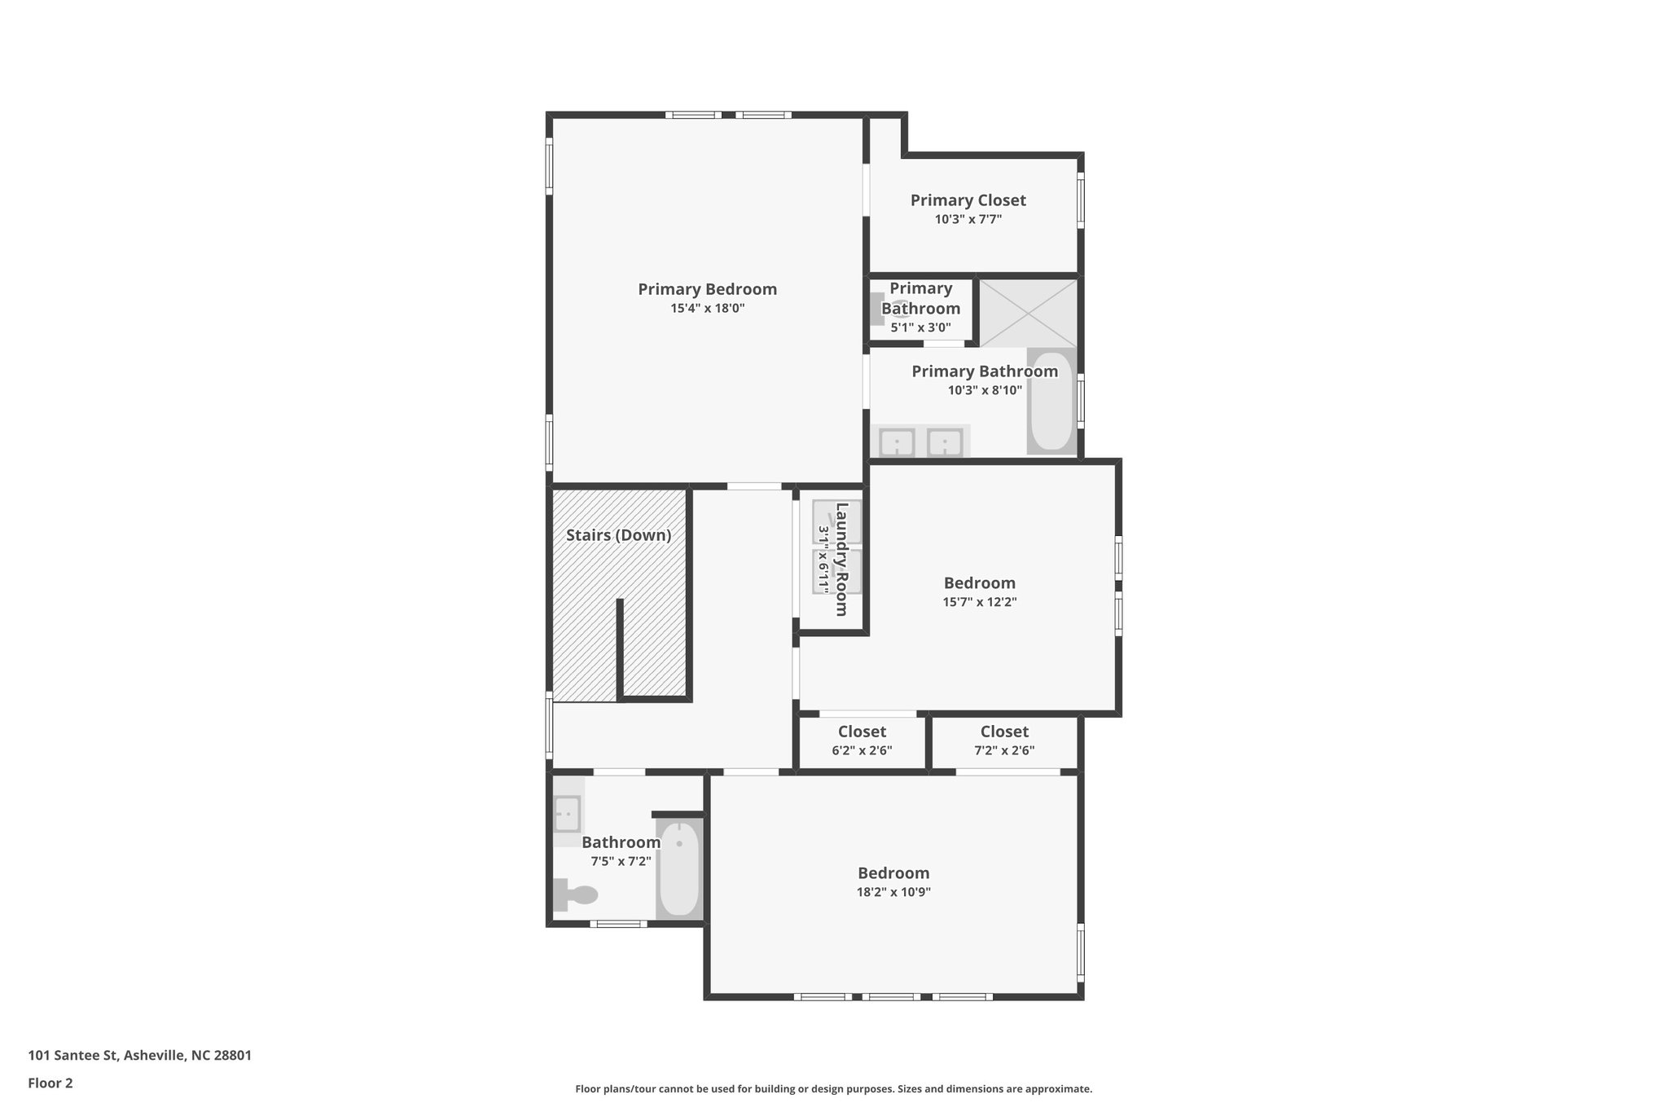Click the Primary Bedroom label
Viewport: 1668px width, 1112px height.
tap(707, 289)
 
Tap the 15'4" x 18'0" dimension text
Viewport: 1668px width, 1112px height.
tap(707, 309)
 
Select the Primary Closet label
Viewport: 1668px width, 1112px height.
tap(968, 200)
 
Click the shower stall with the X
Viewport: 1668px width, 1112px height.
tap(1028, 313)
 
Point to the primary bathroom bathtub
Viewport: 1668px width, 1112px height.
tap(1051, 402)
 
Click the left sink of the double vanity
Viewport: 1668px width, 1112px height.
tap(897, 443)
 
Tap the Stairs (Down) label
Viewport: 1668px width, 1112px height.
tap(618, 535)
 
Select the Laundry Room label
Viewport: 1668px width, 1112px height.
tap(841, 559)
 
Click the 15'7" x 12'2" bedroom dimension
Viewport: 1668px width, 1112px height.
tap(980, 603)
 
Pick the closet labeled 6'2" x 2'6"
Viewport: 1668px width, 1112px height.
tap(862, 741)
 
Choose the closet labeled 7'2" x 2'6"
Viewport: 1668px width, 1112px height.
tap(1004, 741)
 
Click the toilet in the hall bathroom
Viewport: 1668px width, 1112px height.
tap(576, 894)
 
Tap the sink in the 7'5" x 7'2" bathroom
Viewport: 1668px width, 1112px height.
tap(567, 812)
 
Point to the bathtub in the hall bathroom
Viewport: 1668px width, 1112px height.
tap(679, 868)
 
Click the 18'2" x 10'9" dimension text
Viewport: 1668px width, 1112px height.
tap(893, 892)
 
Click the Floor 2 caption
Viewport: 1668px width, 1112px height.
tap(50, 1083)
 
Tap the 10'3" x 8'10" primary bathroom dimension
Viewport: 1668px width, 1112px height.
tap(985, 390)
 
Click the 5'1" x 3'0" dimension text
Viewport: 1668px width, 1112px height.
tap(920, 328)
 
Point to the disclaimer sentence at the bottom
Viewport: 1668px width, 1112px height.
tap(833, 1088)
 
